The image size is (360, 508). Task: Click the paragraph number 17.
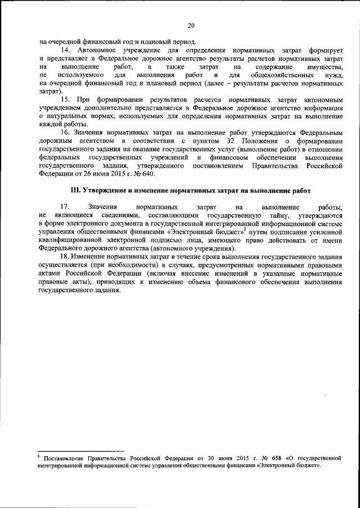[x=64, y=207]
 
